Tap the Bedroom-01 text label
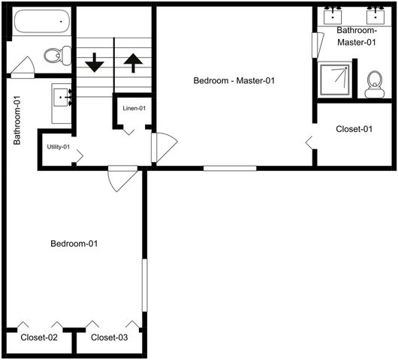74,244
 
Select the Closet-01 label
354,129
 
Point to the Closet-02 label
39,337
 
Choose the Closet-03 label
110,337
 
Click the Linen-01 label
134,109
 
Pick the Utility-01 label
58,146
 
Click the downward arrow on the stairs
95,62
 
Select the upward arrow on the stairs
132,62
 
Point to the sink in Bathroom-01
62,96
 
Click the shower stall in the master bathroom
335,79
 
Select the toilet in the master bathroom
374,85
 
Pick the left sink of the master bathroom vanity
333,15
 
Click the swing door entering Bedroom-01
122,178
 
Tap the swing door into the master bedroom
162,147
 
